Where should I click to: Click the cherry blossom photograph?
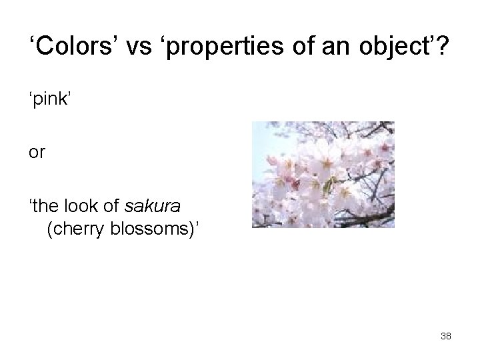pyautogui.click(x=323, y=175)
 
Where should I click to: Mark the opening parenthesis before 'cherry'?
pyautogui.click(x=49, y=231)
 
